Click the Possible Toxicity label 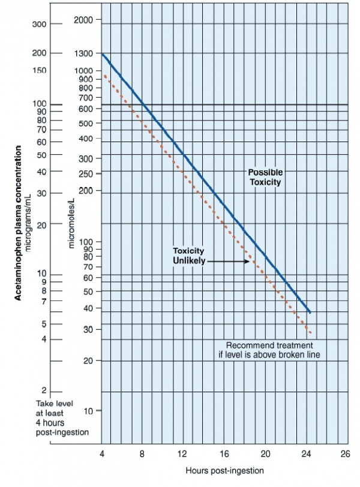[x=265, y=177]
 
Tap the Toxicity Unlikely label [x=188, y=255]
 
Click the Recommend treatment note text [x=269, y=350]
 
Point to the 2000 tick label [x=83, y=20]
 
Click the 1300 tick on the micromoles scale [x=83, y=53]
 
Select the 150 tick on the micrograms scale [x=40, y=71]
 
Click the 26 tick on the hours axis [x=344, y=454]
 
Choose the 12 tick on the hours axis [x=182, y=454]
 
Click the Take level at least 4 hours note [x=62, y=417]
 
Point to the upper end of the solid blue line [x=103, y=54]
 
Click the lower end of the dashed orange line [x=311, y=333]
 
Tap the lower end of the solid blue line [x=310, y=312]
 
